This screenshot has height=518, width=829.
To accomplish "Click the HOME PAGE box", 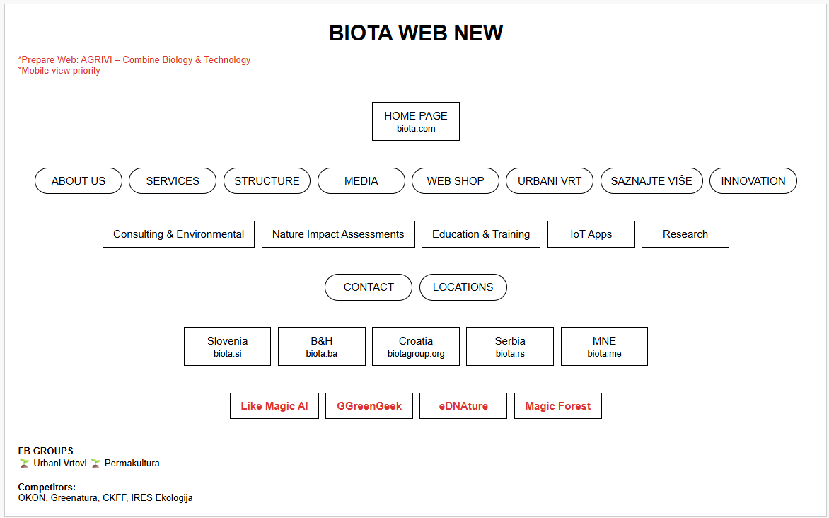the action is point(415,121).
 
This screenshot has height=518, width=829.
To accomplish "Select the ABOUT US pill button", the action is point(79,181).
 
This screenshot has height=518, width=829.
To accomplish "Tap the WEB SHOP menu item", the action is point(456,181).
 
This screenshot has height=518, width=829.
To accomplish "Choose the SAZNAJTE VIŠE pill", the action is point(651,181).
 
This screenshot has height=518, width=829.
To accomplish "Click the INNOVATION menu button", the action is point(753,181).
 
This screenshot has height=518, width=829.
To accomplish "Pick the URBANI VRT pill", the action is point(550,181).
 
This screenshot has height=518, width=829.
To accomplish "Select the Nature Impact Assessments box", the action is point(338,234).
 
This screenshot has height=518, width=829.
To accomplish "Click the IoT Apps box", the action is point(591,234).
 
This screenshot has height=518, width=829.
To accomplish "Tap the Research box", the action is point(685,234).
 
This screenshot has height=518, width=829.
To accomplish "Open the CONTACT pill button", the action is point(369,287).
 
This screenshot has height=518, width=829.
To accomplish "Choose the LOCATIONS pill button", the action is point(463,287).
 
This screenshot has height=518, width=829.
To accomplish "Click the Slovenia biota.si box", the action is point(227,347).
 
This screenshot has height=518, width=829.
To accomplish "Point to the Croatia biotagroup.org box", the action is point(415,347).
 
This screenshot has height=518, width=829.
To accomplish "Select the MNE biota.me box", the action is point(604,347).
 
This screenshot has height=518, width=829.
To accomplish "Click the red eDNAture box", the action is point(463,405).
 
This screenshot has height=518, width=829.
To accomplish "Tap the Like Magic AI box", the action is point(274,405).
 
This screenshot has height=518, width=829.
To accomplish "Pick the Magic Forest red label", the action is point(558,405).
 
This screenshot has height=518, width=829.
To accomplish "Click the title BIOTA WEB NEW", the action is point(415,33).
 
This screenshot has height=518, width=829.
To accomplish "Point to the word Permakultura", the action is point(132,463).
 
